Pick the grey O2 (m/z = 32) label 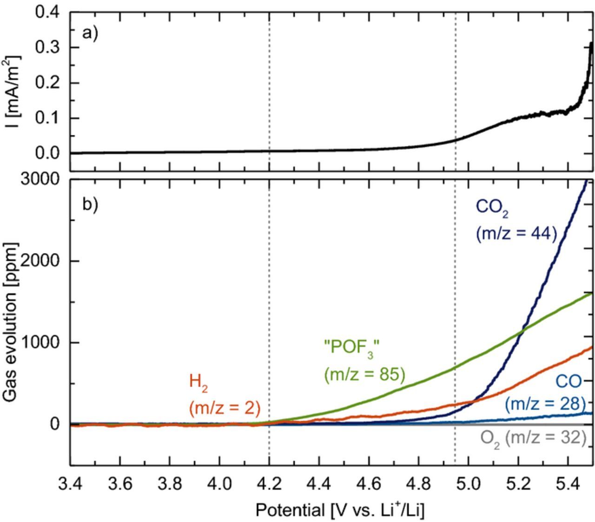pyautogui.click(x=533, y=438)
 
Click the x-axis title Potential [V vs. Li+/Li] pyautogui.click(x=340, y=510)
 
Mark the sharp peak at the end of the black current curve pyautogui.click(x=591, y=43)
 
